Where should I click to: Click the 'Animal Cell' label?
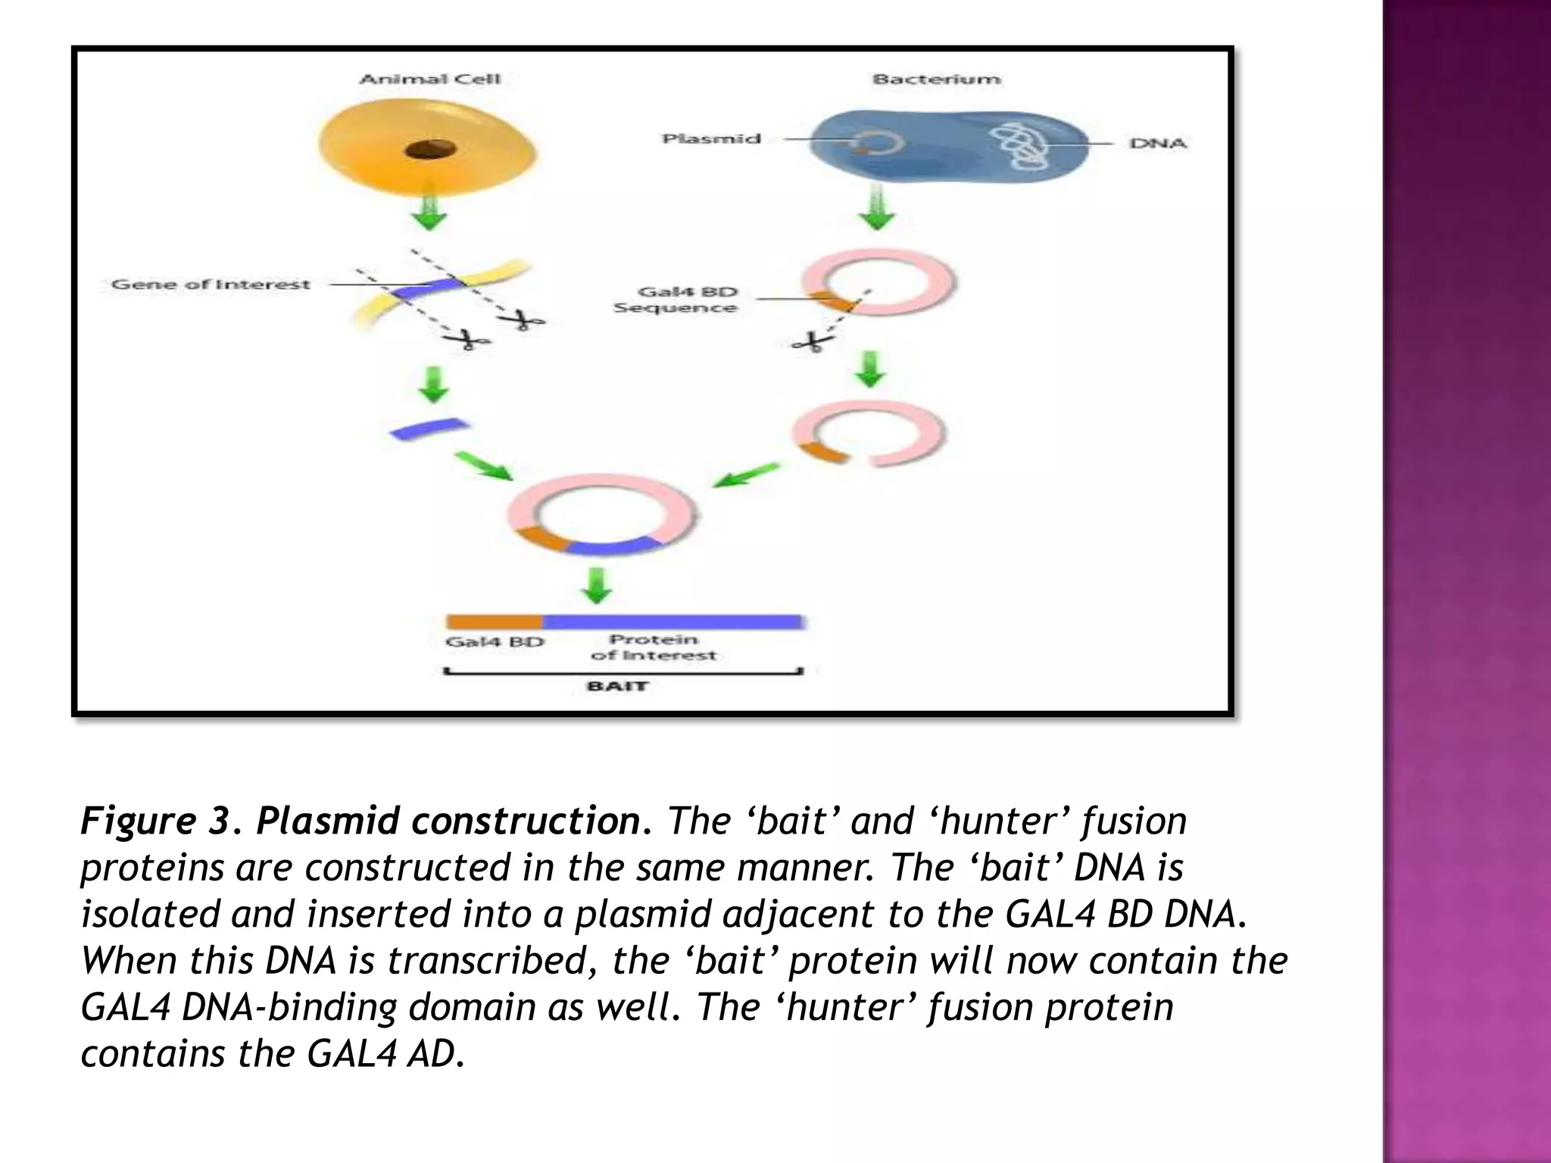point(429,79)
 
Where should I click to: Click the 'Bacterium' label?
point(936,79)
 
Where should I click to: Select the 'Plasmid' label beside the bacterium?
point(710,139)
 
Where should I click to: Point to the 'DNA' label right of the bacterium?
point(1157,143)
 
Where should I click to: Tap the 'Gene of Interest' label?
point(211,285)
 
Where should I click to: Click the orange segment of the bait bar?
point(494,622)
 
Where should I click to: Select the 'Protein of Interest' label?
point(653,647)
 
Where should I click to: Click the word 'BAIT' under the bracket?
point(617,686)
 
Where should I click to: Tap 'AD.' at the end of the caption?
point(435,1054)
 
